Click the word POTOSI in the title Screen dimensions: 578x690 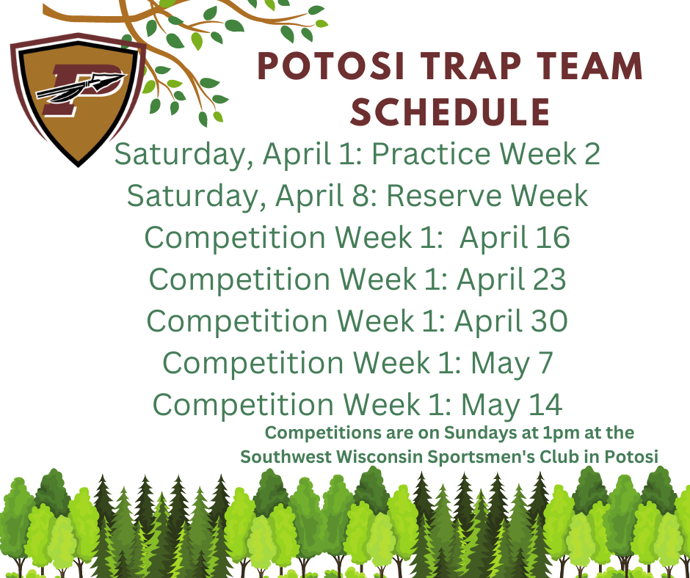coord(330,67)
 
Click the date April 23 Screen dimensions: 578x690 coord(512,279)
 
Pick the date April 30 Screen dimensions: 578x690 coord(512,321)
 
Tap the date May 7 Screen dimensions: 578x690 coord(512,363)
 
